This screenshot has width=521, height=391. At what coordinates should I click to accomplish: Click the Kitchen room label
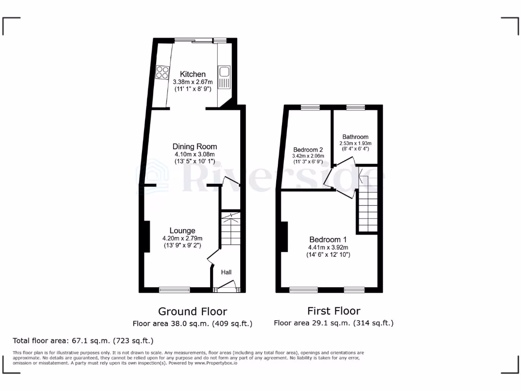pos(189,74)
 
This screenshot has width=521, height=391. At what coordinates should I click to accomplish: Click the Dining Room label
pos(194,147)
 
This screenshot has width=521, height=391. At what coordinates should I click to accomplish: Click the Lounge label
pos(182,231)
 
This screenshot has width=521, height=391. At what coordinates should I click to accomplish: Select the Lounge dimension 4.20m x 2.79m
pos(182,238)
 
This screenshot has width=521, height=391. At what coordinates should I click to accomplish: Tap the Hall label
pos(226,272)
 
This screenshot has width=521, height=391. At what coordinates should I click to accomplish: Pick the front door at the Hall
pos(226,287)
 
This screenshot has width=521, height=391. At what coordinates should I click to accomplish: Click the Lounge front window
pos(175,290)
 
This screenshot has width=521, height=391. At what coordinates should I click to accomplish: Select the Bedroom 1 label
pos(328,240)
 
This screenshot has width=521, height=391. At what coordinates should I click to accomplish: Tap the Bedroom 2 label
pos(308,149)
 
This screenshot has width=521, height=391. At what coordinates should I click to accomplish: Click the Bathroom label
pos(355,137)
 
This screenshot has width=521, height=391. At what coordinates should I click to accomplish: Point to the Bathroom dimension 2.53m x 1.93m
pos(355,144)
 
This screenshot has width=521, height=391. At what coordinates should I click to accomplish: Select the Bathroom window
pos(354,107)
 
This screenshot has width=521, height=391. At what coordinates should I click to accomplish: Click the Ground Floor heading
pos(192,311)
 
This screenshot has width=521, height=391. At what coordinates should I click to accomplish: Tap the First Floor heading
pos(333,311)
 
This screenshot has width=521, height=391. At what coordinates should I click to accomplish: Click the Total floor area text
pos(83,341)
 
